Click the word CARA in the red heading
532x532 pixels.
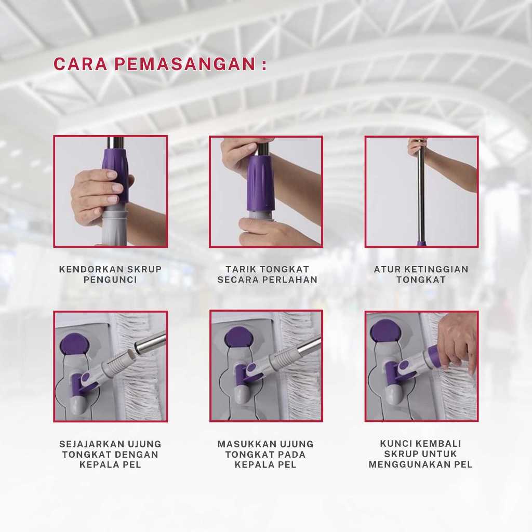click(80, 64)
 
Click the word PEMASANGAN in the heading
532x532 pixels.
click(185, 64)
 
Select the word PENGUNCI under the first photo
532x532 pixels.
click(110, 280)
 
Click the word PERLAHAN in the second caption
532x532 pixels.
click(290, 280)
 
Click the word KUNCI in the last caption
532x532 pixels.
click(395, 443)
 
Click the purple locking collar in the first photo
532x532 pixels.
click(115, 175)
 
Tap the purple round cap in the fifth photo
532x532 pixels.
click(239, 340)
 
